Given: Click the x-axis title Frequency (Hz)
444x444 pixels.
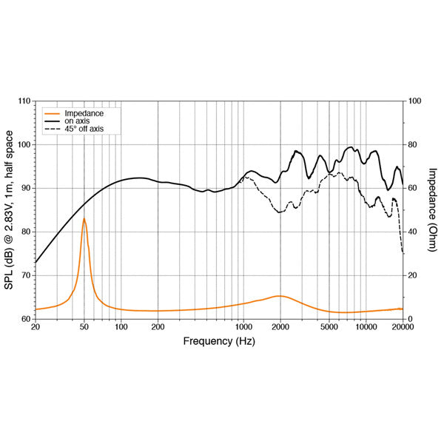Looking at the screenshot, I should pyautogui.click(x=218, y=341).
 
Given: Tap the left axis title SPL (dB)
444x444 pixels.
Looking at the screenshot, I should pyautogui.click(x=9, y=209).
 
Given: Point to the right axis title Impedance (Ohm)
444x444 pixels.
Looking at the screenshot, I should pyautogui.click(x=433, y=209).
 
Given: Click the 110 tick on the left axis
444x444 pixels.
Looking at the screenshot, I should pyautogui.click(x=24, y=101).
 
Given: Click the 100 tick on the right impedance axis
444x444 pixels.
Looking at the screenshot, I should pyautogui.click(x=414, y=101).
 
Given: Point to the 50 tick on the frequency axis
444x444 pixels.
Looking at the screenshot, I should pyautogui.click(x=84, y=326).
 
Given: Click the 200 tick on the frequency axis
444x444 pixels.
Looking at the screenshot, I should pyautogui.click(x=158, y=326).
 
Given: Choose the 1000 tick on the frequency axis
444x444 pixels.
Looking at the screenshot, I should pyautogui.click(x=243, y=326).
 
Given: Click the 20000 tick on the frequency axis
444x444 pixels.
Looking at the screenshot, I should pyautogui.click(x=403, y=326).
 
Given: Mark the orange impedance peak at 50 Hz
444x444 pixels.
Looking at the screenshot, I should pyautogui.click(x=84, y=219).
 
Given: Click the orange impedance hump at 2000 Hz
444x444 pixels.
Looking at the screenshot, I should pyautogui.click(x=280, y=296).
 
